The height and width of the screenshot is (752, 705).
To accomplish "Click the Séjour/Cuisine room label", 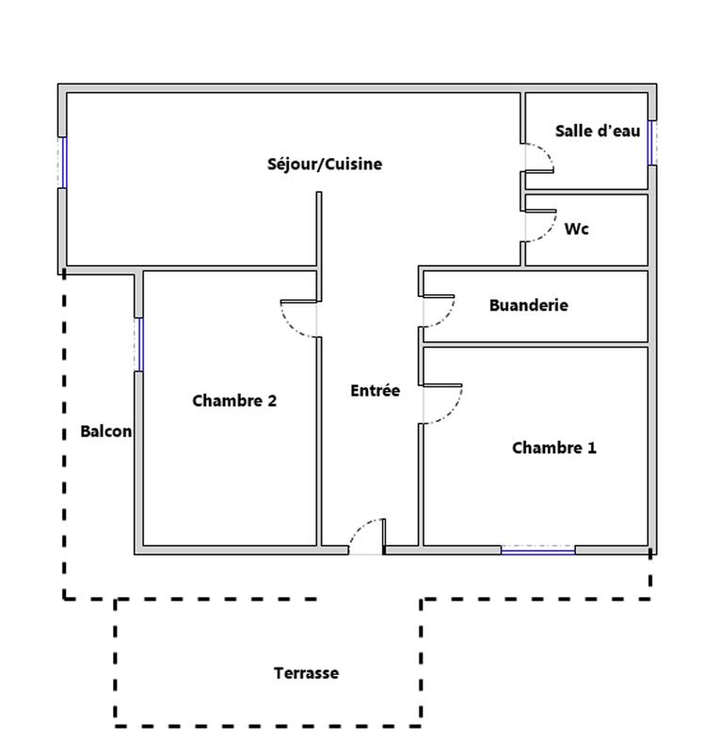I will (325, 164).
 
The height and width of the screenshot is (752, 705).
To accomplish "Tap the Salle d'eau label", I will (597, 132).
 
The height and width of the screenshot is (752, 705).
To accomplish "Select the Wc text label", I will (576, 228).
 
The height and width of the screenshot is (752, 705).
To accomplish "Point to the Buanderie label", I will (528, 305).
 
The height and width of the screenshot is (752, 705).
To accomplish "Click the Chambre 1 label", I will (553, 448).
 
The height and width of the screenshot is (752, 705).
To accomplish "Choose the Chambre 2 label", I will (234, 400).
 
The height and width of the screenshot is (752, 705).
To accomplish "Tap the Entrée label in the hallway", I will (375, 390).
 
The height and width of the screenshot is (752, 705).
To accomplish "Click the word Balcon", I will (105, 432).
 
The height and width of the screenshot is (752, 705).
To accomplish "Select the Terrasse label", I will (306, 673).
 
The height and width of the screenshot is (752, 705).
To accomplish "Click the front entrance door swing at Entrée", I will (368, 534).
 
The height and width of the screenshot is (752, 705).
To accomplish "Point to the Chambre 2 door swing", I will (299, 318).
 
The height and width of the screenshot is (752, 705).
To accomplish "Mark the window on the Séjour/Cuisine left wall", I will (63, 163).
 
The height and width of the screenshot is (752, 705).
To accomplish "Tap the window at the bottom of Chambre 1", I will (537, 550).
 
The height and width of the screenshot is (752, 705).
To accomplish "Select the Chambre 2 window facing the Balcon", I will (139, 344).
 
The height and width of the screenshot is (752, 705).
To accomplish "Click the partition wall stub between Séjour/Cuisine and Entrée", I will (319, 230).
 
